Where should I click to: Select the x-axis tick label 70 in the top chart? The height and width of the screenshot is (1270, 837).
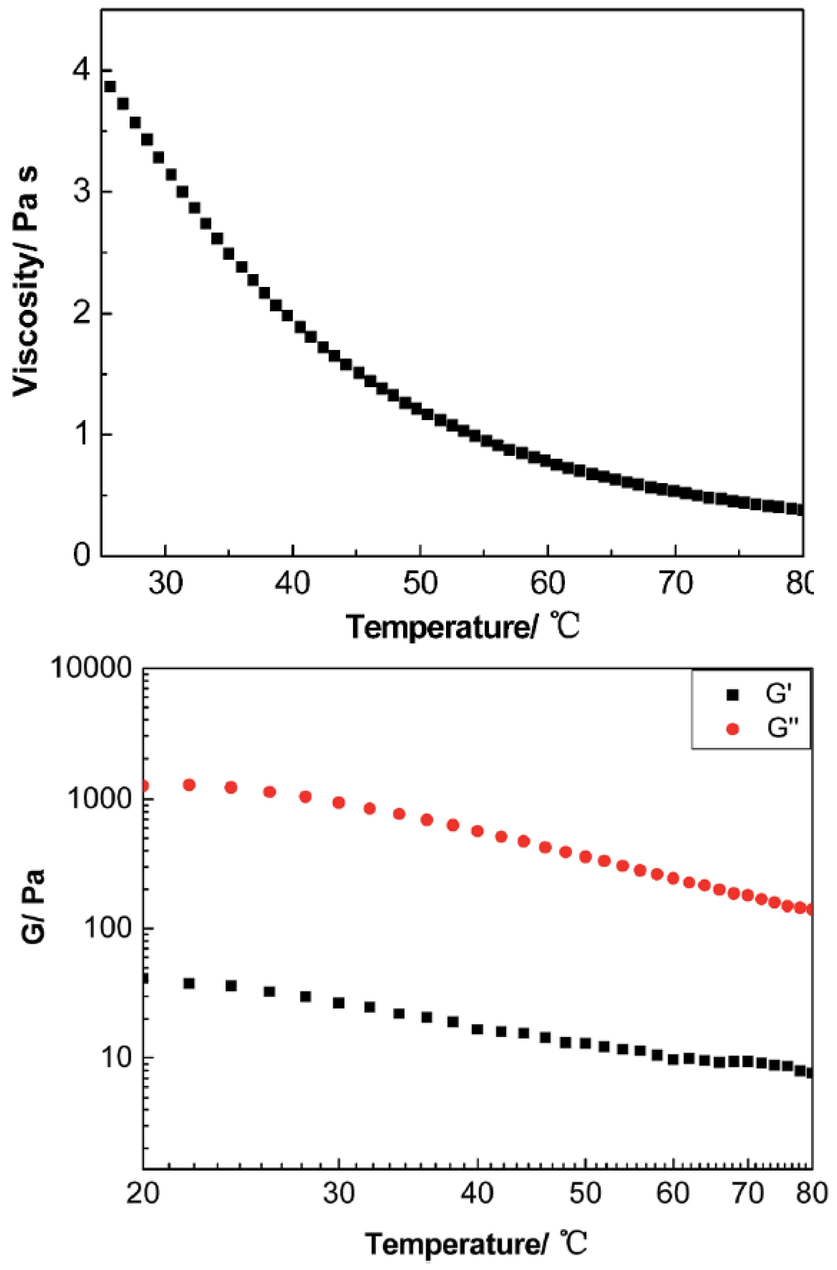(x=675, y=583)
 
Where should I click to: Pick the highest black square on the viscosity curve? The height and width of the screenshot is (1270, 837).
(x=110, y=87)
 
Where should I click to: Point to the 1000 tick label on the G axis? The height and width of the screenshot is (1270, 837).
(x=99, y=799)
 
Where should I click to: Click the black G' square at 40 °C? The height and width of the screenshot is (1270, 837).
(x=477, y=1029)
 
